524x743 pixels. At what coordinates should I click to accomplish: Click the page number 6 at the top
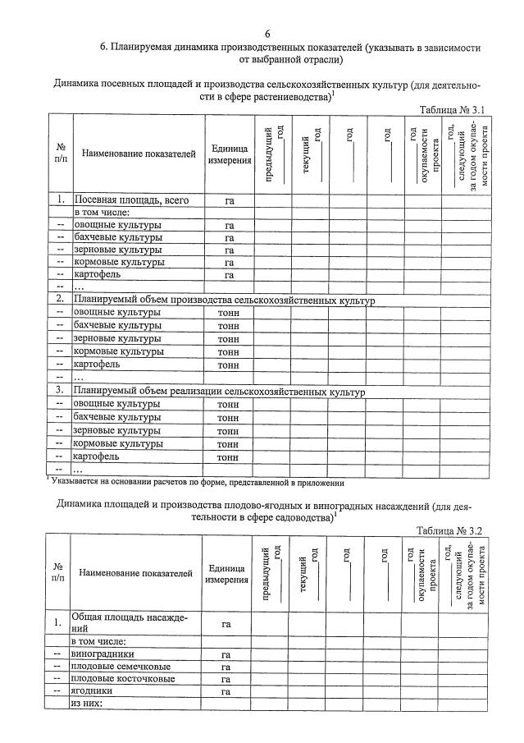(267, 34)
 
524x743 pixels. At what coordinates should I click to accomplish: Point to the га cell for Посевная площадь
(229, 200)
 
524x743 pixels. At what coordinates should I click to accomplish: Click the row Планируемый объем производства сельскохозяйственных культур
(223, 300)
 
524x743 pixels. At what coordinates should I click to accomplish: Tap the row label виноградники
(103, 654)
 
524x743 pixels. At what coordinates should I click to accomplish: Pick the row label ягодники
(97, 692)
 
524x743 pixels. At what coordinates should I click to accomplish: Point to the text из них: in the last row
(86, 704)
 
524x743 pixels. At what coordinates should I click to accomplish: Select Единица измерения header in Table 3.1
(229, 154)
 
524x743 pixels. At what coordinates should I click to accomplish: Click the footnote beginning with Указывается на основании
(197, 483)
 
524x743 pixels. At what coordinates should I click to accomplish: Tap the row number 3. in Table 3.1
(60, 392)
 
